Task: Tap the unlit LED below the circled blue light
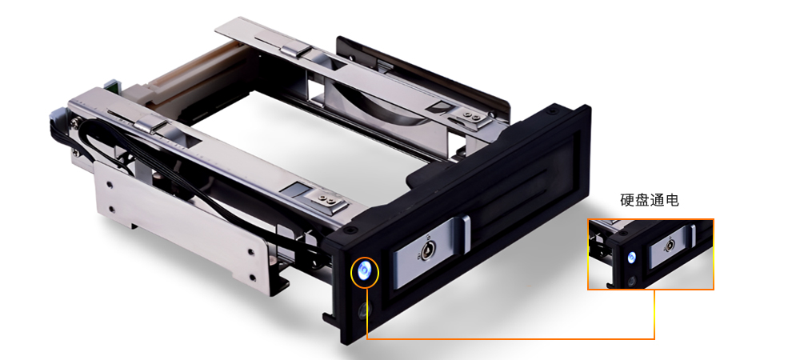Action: (x=364, y=310)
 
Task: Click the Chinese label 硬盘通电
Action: (x=649, y=200)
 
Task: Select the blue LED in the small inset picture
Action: (x=632, y=258)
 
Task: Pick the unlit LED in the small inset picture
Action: (x=632, y=281)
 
